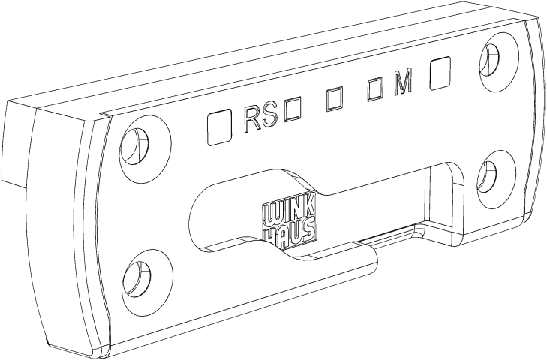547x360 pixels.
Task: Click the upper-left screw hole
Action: [x=134, y=145]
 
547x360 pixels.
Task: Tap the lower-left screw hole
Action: [x=137, y=278]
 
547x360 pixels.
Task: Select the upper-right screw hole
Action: [x=490, y=61]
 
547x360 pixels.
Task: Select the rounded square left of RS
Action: [x=219, y=127]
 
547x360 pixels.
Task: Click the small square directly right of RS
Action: [x=293, y=110]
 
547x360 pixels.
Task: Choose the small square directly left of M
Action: [x=376, y=90]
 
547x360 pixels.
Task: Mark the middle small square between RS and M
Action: [x=334, y=100]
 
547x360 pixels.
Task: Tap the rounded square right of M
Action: [x=440, y=73]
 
